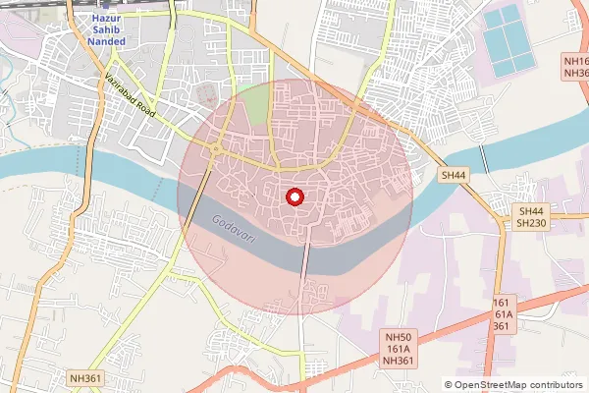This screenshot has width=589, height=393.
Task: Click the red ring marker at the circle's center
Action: point(293,196)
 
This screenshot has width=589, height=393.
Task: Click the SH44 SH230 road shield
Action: point(531,217)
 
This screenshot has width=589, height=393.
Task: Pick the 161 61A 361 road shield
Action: point(501,315)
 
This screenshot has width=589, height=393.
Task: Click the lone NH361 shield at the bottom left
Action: point(86,376)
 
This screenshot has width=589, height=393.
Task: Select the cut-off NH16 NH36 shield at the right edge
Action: point(576,67)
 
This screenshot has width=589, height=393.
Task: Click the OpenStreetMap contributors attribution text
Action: point(517,385)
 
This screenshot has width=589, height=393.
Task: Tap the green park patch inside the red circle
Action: point(257,106)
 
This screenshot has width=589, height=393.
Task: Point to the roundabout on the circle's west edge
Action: point(214,149)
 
